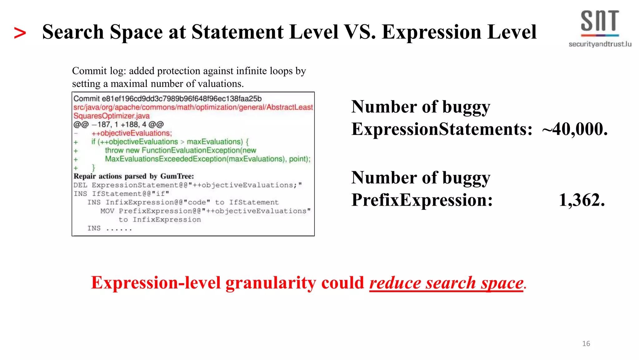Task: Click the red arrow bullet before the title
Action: [20, 33]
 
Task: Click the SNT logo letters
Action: [599, 21]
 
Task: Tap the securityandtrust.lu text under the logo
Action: [600, 44]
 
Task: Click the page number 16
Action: [586, 343]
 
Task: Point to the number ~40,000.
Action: [575, 129]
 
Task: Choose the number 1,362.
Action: [582, 200]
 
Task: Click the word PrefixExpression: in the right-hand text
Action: [422, 200]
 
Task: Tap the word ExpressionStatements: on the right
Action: [441, 129]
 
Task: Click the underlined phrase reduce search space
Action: [446, 283]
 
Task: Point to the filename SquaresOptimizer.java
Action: [111, 116]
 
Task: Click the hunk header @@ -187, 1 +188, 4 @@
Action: [119, 125]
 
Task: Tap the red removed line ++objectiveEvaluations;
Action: [131, 133]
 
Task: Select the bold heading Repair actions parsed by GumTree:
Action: [134, 176]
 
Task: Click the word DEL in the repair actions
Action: [80, 185]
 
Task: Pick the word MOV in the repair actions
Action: [107, 211]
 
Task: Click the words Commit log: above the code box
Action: [99, 71]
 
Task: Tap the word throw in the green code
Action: [114, 150]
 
